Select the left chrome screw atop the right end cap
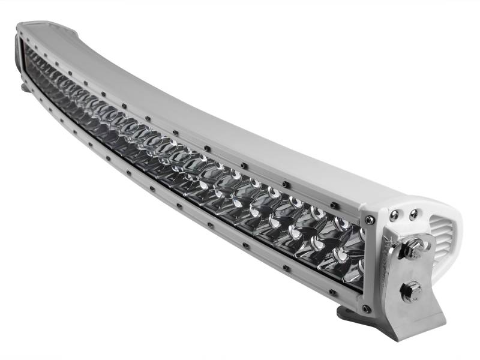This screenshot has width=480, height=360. pyautogui.click(x=394, y=214)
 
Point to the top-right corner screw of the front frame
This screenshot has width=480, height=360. pyautogui.click(x=370, y=220)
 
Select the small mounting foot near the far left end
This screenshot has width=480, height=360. pyautogui.click(x=24, y=88)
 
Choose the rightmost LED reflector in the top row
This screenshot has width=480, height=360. pyautogui.click(x=354, y=231)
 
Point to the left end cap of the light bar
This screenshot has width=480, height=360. pyautogui.click(x=18, y=60)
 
